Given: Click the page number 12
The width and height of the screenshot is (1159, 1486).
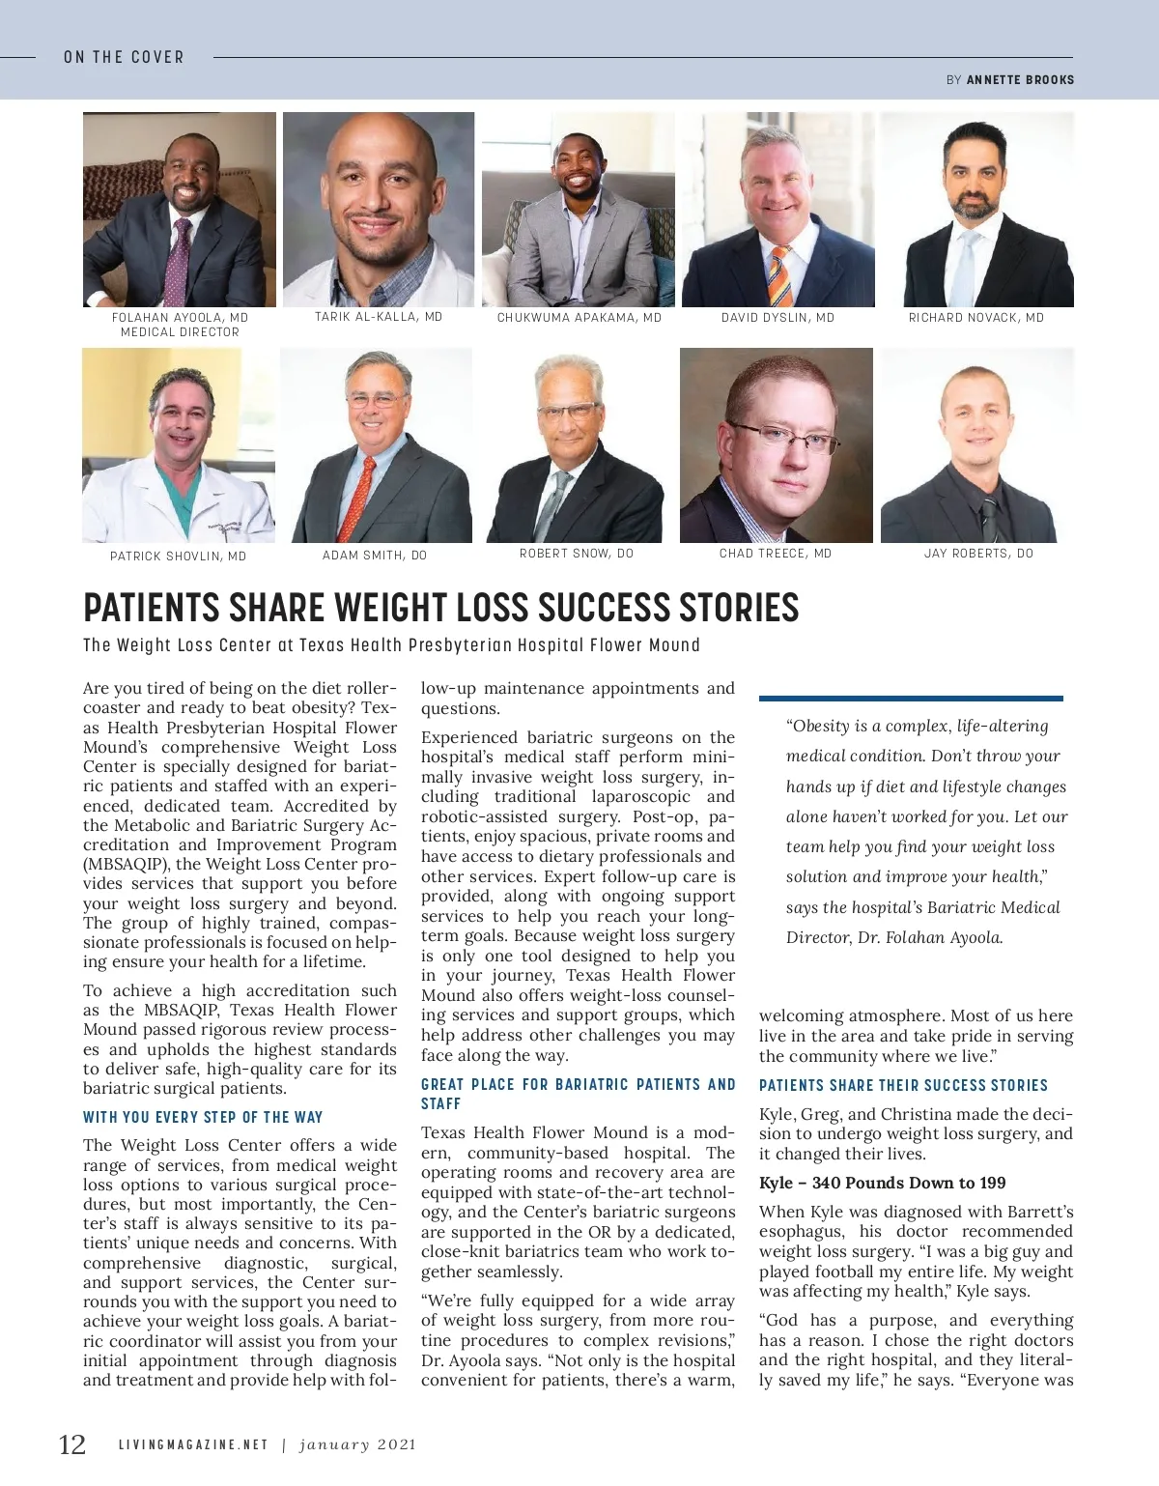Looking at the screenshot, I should [72, 1444].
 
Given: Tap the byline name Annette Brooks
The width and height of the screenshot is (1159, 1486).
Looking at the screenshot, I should [1020, 80].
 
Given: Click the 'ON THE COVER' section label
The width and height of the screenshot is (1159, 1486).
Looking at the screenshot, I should [124, 57].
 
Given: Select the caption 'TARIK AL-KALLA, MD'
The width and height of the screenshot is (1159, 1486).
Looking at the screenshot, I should [379, 317].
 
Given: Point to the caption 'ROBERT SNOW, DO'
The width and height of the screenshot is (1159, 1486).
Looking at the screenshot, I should [577, 554].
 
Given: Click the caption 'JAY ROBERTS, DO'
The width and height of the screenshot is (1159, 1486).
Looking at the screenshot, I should [978, 554].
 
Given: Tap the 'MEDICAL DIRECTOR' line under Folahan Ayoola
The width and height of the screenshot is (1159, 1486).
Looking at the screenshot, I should [180, 332].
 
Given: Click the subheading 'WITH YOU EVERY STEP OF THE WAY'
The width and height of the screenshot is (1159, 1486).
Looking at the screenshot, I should [203, 1118].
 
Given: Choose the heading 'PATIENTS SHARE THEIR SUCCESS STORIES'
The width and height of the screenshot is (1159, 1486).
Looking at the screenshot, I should [903, 1086].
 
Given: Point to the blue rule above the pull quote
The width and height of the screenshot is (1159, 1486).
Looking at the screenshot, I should [911, 698].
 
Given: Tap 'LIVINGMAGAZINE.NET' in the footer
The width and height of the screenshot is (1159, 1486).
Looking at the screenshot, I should [193, 1445].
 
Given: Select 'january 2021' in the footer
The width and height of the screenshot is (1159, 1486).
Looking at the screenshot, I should [357, 1445].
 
